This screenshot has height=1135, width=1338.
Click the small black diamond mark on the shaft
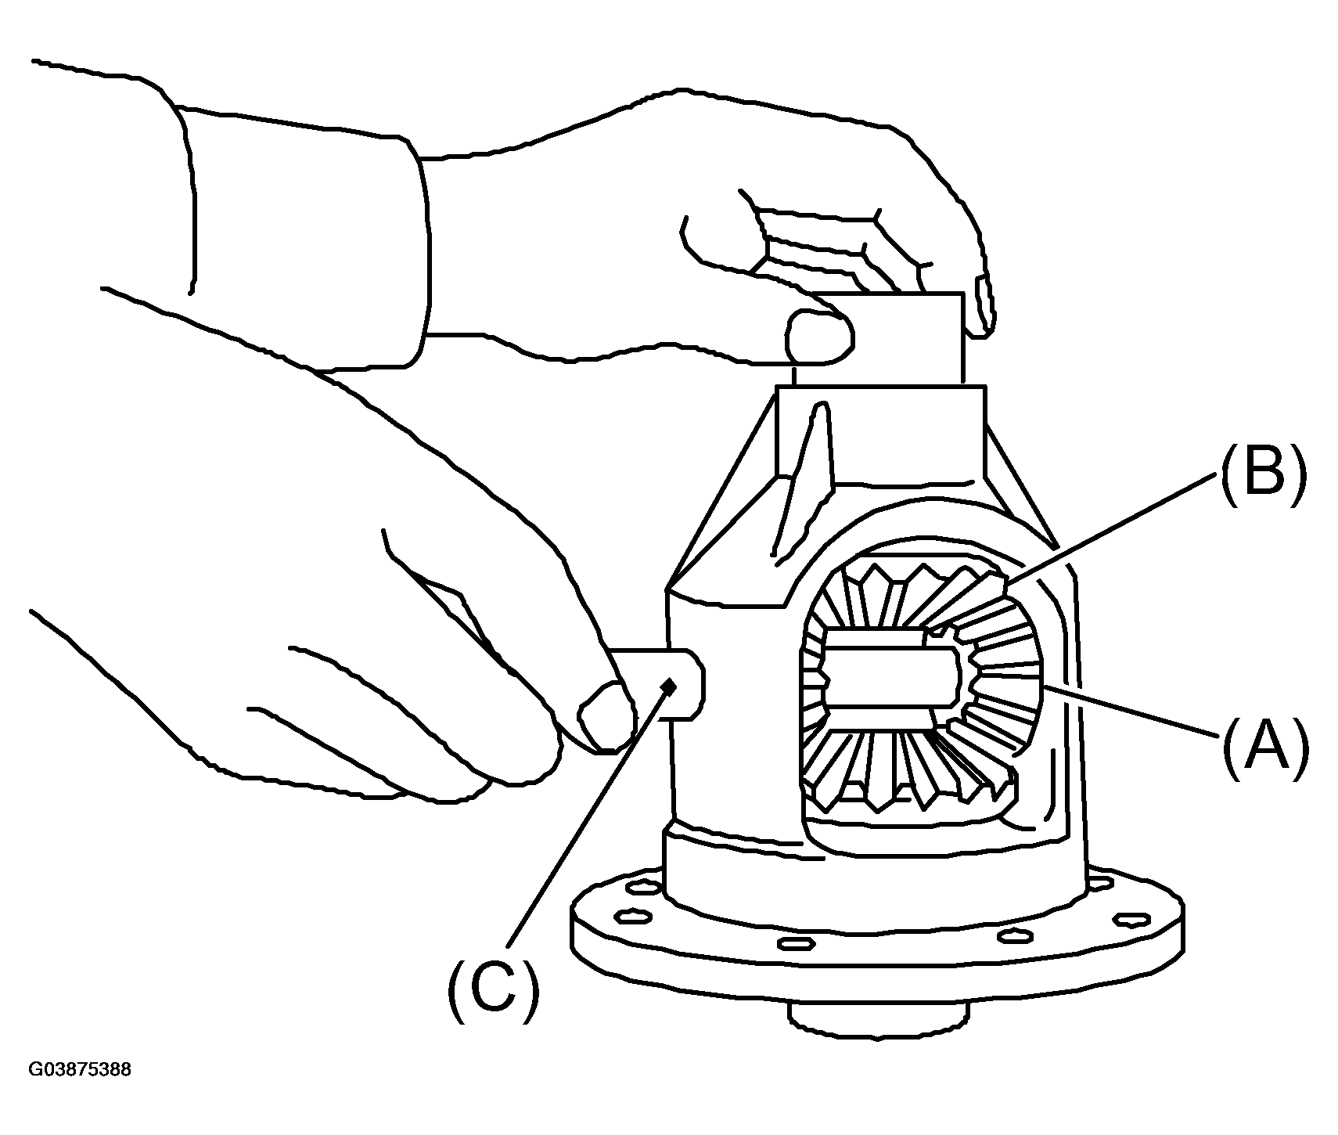667,686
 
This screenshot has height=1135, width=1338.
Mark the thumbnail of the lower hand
607,716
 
